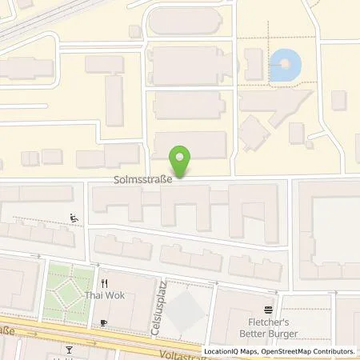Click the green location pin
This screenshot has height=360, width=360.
coord(183,159)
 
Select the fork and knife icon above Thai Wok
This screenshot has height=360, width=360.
coord(103,283)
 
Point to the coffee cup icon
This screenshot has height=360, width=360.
coord(103,322)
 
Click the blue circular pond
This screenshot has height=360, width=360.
coord(286,66)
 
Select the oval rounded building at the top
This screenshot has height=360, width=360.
coord(190,22)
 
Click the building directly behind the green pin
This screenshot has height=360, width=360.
coord(190,145)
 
